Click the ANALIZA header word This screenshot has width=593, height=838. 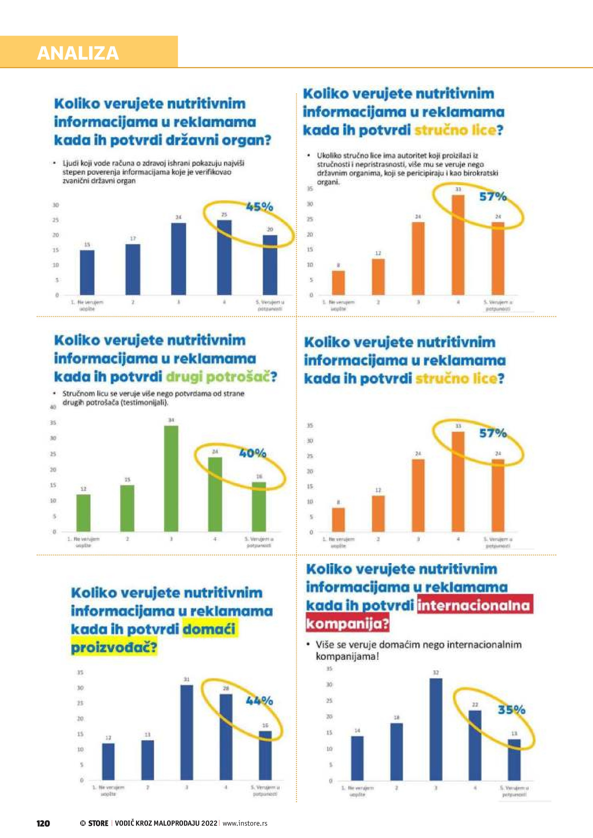[78, 53]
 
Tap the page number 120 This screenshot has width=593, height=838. [43, 823]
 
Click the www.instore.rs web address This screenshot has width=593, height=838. [245, 823]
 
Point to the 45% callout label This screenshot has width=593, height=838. [260, 207]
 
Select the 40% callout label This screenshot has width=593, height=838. [253, 453]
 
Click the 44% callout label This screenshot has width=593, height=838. [259, 700]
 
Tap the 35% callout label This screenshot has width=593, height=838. [511, 710]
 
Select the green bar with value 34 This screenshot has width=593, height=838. [171, 478]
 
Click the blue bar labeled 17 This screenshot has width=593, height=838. [133, 269]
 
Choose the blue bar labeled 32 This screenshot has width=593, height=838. [435, 729]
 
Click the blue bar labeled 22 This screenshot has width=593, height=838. [475, 745]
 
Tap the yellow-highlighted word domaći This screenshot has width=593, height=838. [209, 629]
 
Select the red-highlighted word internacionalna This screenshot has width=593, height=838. [473, 605]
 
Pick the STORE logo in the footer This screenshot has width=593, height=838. [95, 823]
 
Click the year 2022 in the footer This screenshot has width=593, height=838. [209, 823]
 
